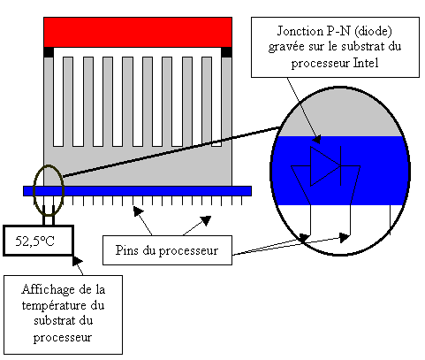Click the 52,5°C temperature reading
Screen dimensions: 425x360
coord(34,241)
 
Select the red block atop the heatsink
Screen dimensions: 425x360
coord(138,32)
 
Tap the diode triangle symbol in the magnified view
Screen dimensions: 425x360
coord(325,166)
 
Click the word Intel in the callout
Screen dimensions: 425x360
coord(366,63)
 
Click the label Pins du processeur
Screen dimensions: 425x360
coord(167,250)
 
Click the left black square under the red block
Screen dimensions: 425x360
coord(49,52)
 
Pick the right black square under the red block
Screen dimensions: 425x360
coord(226,52)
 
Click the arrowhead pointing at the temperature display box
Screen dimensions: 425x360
coord(77,261)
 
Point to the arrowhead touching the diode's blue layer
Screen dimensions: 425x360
coord(316,139)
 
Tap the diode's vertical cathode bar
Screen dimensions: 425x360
coord(341,166)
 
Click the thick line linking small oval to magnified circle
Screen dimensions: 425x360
coord(171,152)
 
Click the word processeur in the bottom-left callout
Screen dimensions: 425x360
coord(63,338)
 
